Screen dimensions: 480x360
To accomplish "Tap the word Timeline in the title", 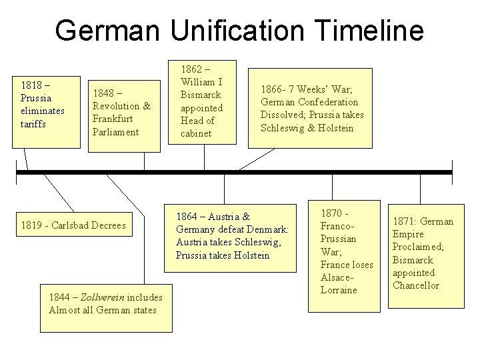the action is pyautogui.click(x=367, y=30).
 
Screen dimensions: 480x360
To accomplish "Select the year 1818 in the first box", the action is pyautogui.click(x=31, y=85).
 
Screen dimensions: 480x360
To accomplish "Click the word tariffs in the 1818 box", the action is pyautogui.click(x=33, y=123).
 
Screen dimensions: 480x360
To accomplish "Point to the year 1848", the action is pyautogui.click(x=103, y=93).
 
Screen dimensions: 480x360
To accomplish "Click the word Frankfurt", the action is pyautogui.click(x=113, y=119).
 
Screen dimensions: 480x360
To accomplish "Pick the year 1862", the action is pyautogui.click(x=191, y=69).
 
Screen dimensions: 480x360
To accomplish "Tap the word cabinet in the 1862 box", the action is pyautogui.click(x=196, y=133).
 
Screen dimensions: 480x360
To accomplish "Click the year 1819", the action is pyautogui.click(x=31, y=225).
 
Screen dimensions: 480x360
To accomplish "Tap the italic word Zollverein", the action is pyautogui.click(x=101, y=297).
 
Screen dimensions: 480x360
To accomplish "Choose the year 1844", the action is pyautogui.click(x=60, y=297).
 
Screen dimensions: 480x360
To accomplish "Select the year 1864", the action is pyautogui.click(x=187, y=217).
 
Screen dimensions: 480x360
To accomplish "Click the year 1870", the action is pyautogui.click(x=331, y=213).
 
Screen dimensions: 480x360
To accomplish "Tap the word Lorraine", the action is pyautogui.click(x=339, y=290).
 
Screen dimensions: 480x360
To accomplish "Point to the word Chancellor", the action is pyautogui.click(x=415, y=285).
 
